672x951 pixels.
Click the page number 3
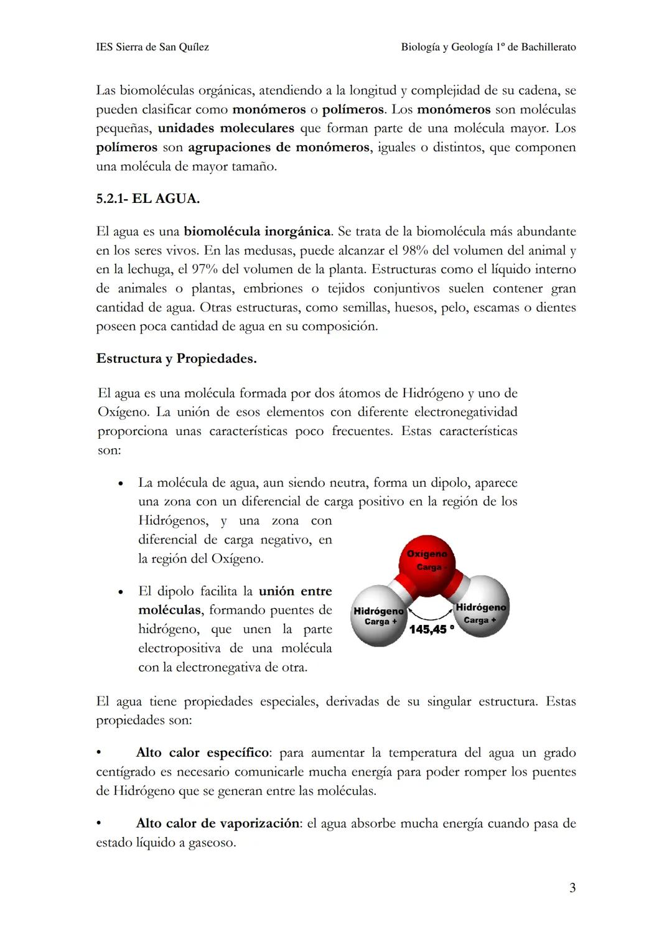572,888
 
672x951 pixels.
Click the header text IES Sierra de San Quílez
152,47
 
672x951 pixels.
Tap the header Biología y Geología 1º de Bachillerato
488,47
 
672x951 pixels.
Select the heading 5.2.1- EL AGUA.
147,199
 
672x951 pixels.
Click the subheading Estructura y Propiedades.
176,358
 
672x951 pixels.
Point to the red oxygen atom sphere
427,559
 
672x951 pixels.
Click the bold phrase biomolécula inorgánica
257,232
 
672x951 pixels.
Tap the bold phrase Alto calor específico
203,752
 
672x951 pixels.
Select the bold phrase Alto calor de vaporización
218,823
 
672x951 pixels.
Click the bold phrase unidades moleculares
226,128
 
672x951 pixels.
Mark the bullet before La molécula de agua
120,484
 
